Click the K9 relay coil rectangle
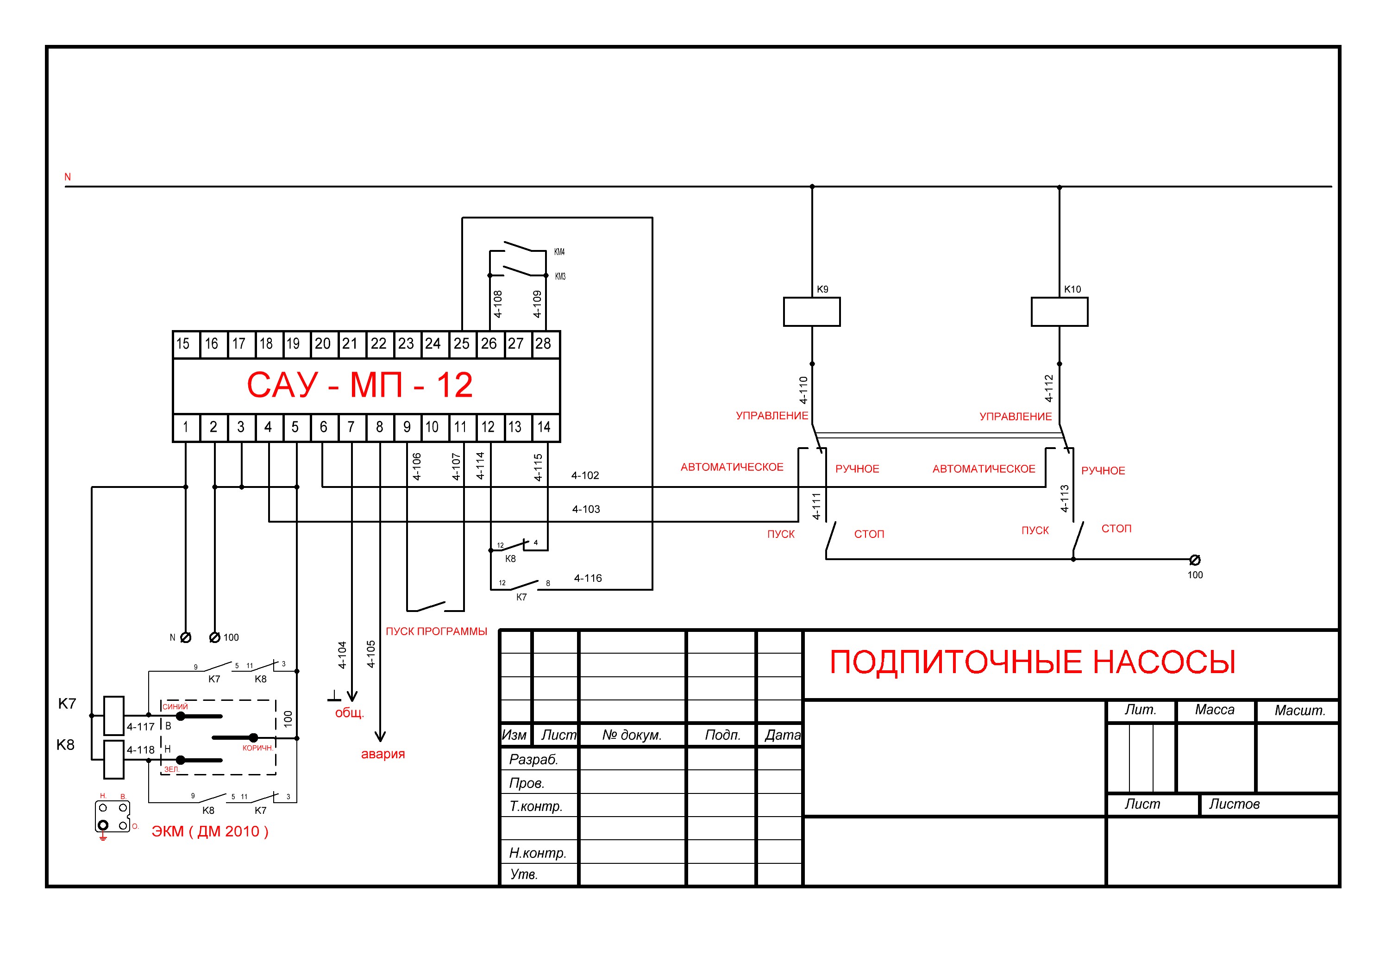(x=811, y=312)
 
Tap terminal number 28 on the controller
(x=543, y=344)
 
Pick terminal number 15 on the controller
(x=183, y=344)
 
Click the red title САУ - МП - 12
(x=360, y=385)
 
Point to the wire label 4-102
(x=585, y=475)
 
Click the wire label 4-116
(x=587, y=578)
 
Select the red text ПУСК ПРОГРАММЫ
(x=436, y=631)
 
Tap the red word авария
(x=383, y=754)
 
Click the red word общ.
(x=350, y=713)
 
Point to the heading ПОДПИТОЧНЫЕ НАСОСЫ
(x=1032, y=662)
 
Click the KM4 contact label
(x=559, y=252)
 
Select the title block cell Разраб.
(x=533, y=759)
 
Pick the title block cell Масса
(x=1215, y=710)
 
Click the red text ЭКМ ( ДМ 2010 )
(x=209, y=831)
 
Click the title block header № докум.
(x=632, y=735)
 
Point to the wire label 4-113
(x=1065, y=499)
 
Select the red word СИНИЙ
(x=175, y=706)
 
